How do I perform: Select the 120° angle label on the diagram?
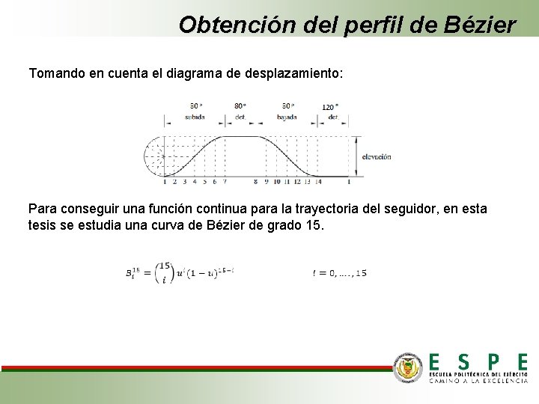click(x=329, y=107)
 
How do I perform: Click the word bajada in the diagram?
click(x=287, y=117)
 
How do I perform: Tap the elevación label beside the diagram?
click(x=377, y=157)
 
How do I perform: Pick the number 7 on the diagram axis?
click(x=225, y=182)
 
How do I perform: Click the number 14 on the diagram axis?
click(x=317, y=182)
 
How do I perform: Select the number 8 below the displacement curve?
click(x=256, y=182)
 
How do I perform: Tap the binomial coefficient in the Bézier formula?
click(x=166, y=273)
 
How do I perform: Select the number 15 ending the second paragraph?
click(x=315, y=225)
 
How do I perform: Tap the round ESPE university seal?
click(x=408, y=367)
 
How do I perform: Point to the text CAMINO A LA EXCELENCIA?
click(x=478, y=381)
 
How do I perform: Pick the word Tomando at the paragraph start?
click(x=55, y=74)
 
